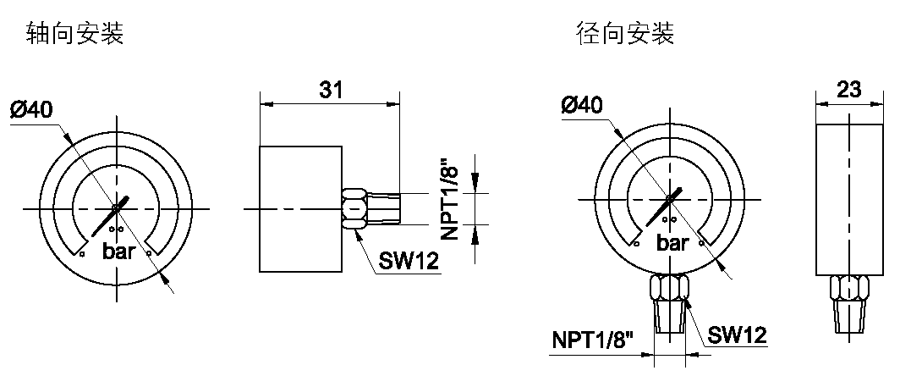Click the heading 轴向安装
click(x=75, y=35)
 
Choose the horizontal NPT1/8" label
click(x=594, y=340)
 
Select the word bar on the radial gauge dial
click(x=673, y=244)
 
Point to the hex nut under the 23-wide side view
click(x=848, y=288)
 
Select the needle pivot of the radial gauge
click(x=670, y=199)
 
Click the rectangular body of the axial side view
click(x=300, y=208)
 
